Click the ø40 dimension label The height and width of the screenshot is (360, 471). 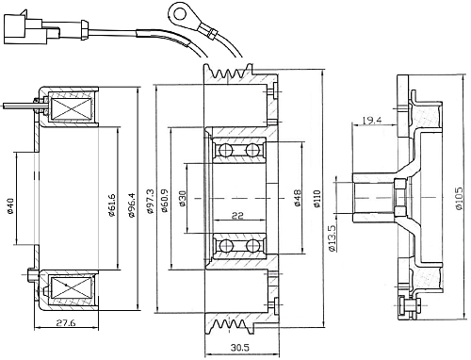coord(10,205)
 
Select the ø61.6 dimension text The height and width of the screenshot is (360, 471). coord(112,205)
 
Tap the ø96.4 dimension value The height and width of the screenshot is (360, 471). coord(132,205)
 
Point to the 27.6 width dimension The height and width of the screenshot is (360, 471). coord(66,322)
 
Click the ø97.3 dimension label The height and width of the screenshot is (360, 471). coord(150,202)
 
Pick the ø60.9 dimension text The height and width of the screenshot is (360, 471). coord(164,201)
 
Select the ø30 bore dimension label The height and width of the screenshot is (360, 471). coord(182,199)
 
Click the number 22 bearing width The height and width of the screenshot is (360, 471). coord(237,216)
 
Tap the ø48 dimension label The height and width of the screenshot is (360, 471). coord(298,198)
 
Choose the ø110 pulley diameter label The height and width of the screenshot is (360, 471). coord(317,199)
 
